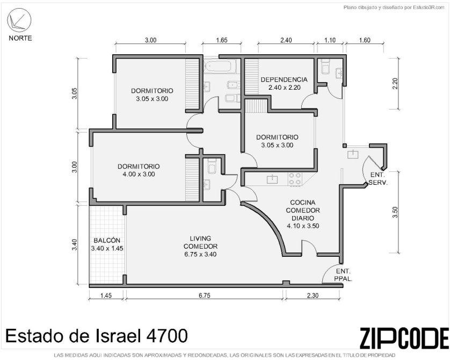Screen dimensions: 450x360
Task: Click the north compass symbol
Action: click(19, 20)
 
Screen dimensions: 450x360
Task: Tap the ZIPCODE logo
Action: click(404, 337)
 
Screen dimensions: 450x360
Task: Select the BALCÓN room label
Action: click(107, 244)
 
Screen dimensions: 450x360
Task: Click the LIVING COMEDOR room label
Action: click(200, 246)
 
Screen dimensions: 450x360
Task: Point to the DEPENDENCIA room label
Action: click(284, 83)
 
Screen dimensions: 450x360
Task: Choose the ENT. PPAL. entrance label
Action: click(343, 275)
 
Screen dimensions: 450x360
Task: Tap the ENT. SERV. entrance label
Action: click(378, 178)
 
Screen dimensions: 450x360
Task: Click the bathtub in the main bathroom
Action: click(220, 66)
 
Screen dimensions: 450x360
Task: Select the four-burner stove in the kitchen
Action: click(295, 179)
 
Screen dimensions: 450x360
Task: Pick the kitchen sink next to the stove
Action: click(272, 179)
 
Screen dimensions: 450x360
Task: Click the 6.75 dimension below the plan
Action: click(205, 295)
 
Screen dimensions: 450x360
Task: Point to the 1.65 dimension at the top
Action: click(221, 40)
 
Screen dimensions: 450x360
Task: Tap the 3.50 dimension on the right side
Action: click(395, 212)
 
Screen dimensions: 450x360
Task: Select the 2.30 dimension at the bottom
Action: click(313, 295)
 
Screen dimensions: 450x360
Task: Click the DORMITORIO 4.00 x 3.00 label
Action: click(139, 170)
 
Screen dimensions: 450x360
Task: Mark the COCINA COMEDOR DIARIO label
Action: click(303, 214)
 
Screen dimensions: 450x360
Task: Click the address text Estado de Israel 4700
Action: click(97, 336)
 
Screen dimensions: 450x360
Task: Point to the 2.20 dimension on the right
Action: click(395, 83)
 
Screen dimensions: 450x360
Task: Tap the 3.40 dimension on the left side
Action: click(75, 244)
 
